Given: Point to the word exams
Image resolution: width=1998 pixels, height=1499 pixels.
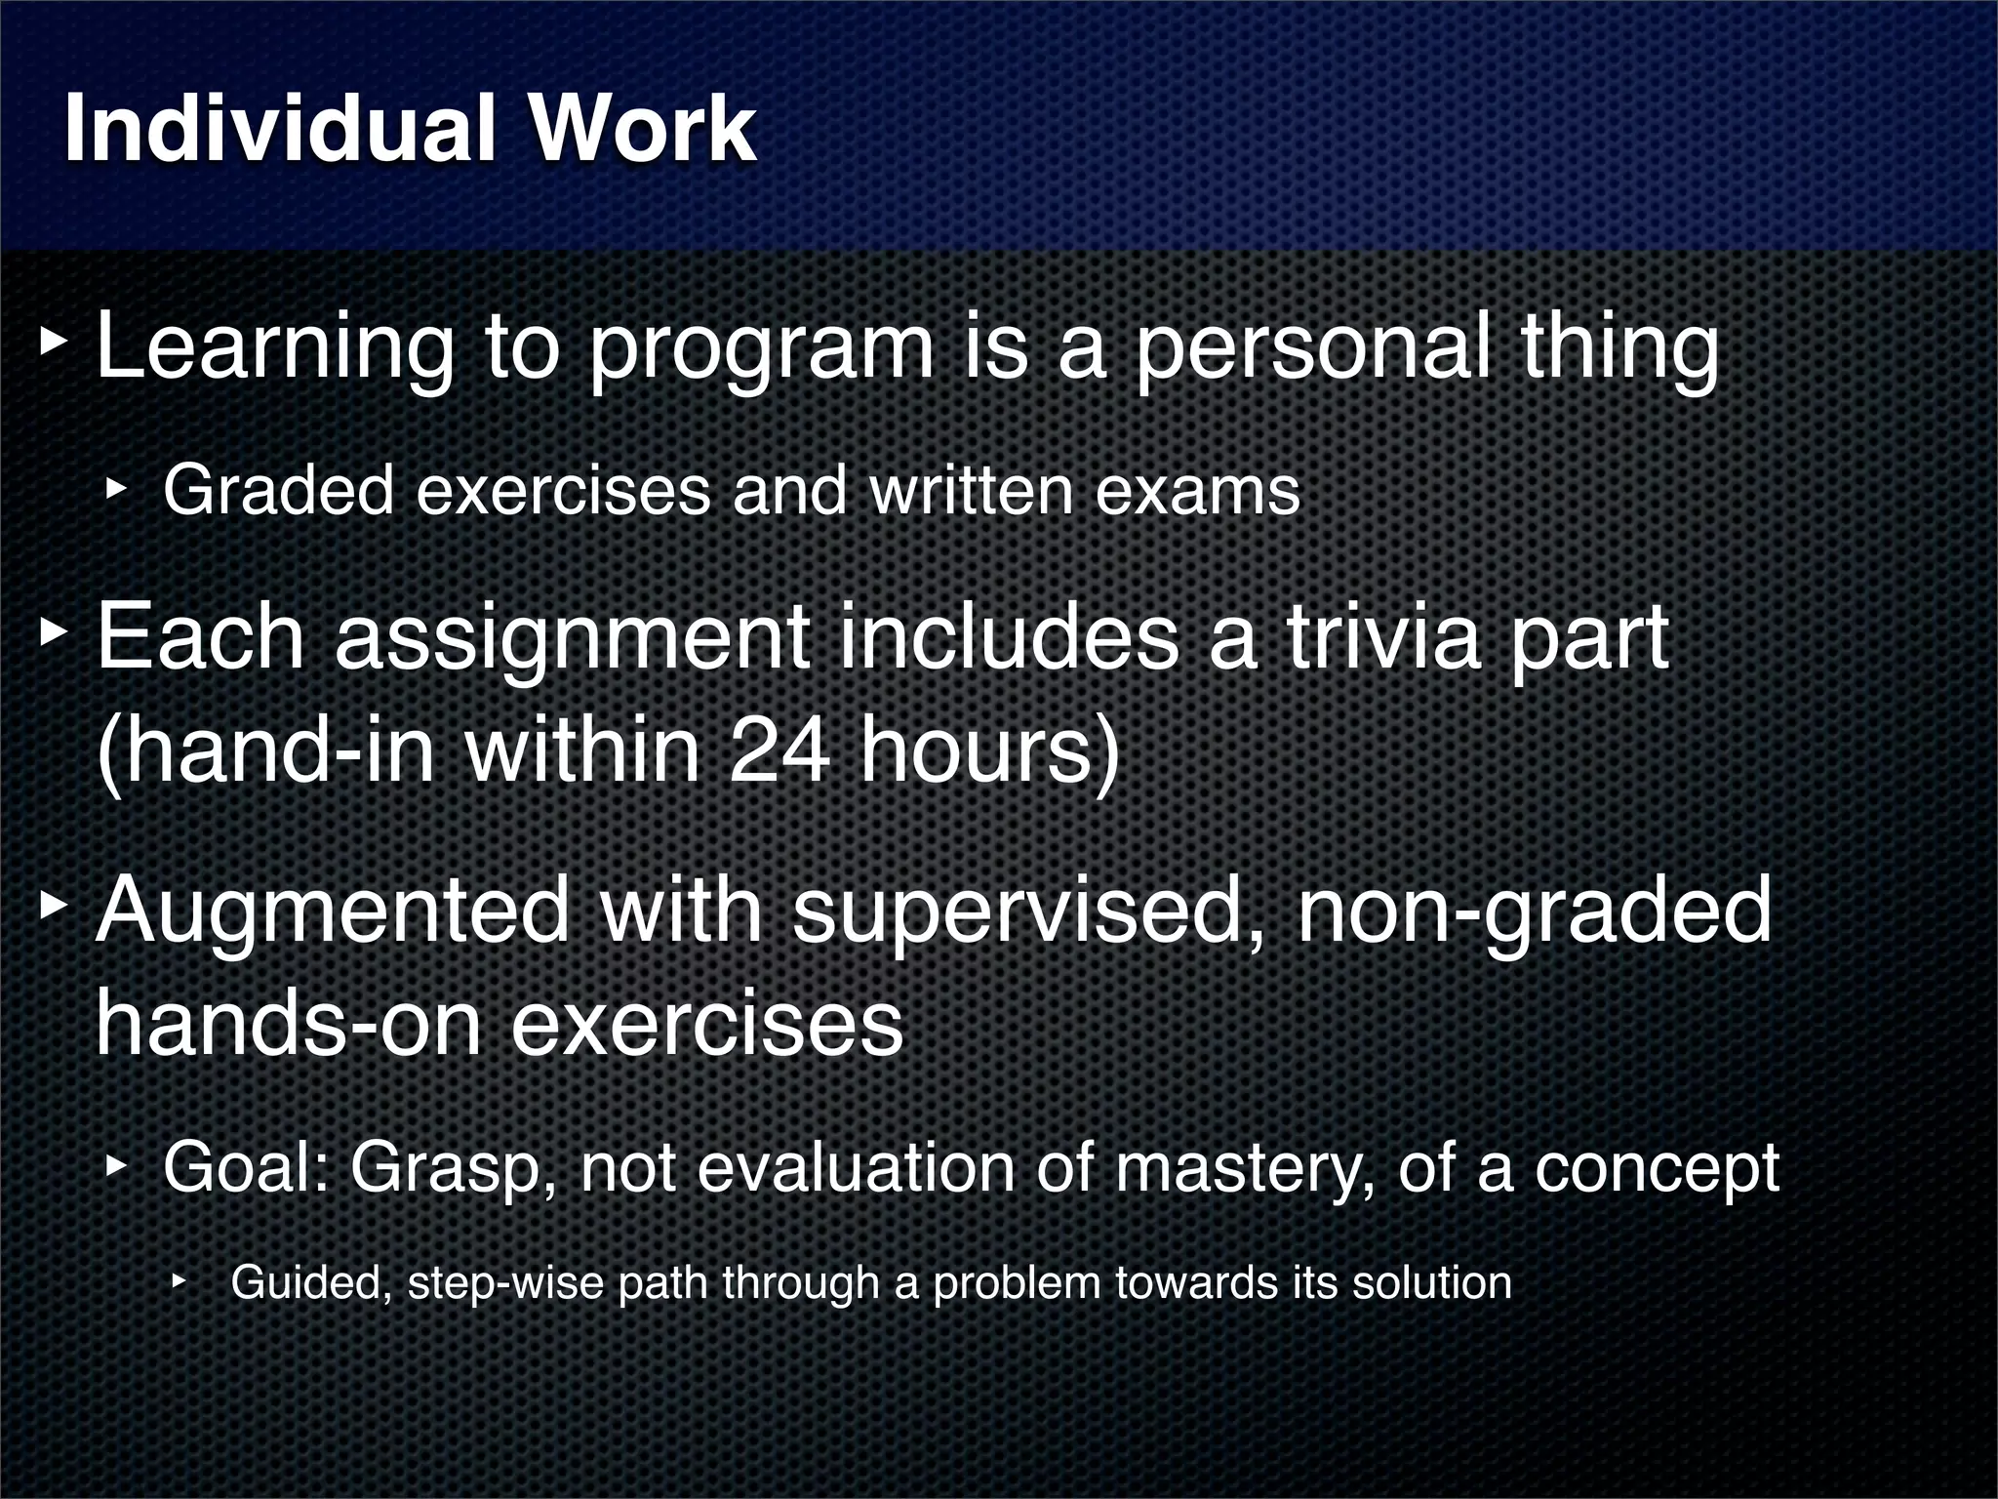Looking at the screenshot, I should (1197, 491).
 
